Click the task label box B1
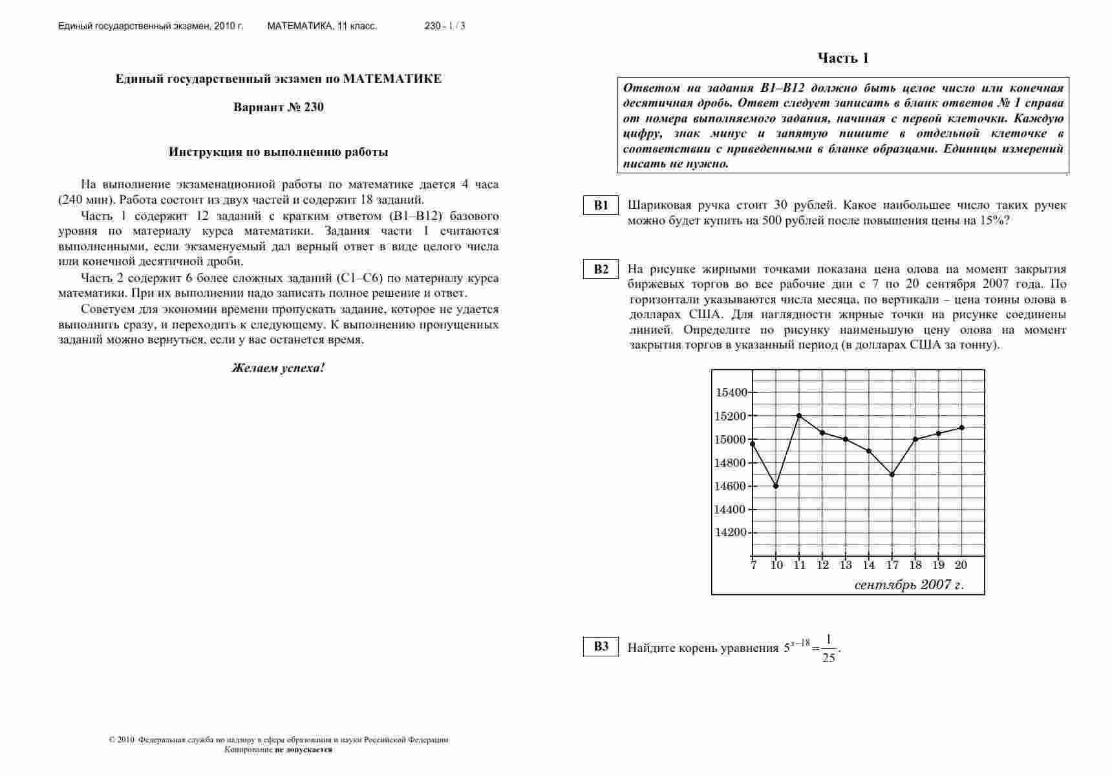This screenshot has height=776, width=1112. (601, 206)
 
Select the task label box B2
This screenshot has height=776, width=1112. (601, 269)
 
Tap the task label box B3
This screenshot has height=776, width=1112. (601, 647)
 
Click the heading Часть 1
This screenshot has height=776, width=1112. (843, 58)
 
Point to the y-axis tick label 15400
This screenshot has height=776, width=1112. (731, 393)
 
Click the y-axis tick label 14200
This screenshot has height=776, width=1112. (731, 533)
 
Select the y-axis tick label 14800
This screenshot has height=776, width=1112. (731, 463)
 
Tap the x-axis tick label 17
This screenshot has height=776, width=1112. (892, 565)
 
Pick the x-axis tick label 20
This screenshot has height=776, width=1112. (961, 565)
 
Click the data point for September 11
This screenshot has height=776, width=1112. (800, 416)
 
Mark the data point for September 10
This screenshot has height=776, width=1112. (776, 486)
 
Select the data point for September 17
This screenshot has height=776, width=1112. (892, 475)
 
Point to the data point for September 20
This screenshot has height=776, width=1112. (962, 427)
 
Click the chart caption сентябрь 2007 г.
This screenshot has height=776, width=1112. (908, 585)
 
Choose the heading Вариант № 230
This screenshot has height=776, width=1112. (279, 107)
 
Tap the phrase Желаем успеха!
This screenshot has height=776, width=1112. (279, 368)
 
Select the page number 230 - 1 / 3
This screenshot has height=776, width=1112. (445, 27)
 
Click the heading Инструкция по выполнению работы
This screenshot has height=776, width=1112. (279, 153)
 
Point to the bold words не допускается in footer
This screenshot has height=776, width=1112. (304, 749)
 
